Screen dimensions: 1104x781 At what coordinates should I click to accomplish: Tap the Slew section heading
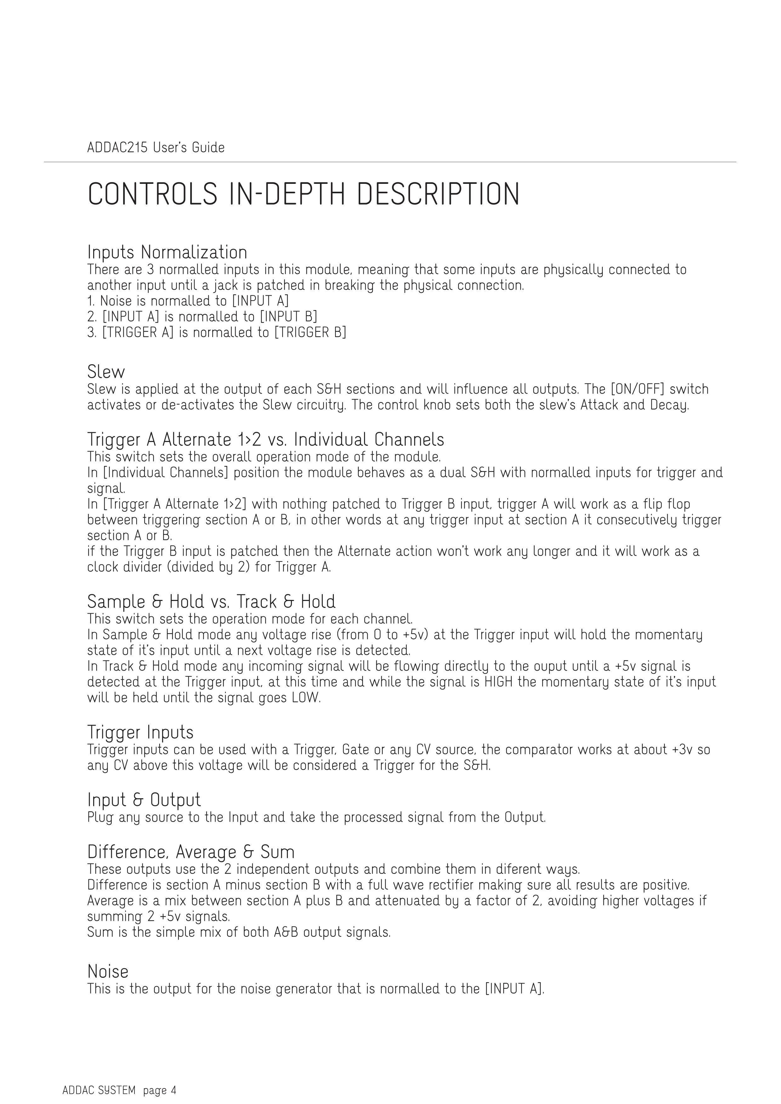[106, 372]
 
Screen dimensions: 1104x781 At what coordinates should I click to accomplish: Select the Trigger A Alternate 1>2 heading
[265, 439]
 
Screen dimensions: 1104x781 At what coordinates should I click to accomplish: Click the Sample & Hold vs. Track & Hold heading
[211, 602]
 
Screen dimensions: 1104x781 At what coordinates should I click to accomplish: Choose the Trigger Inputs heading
[140, 732]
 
